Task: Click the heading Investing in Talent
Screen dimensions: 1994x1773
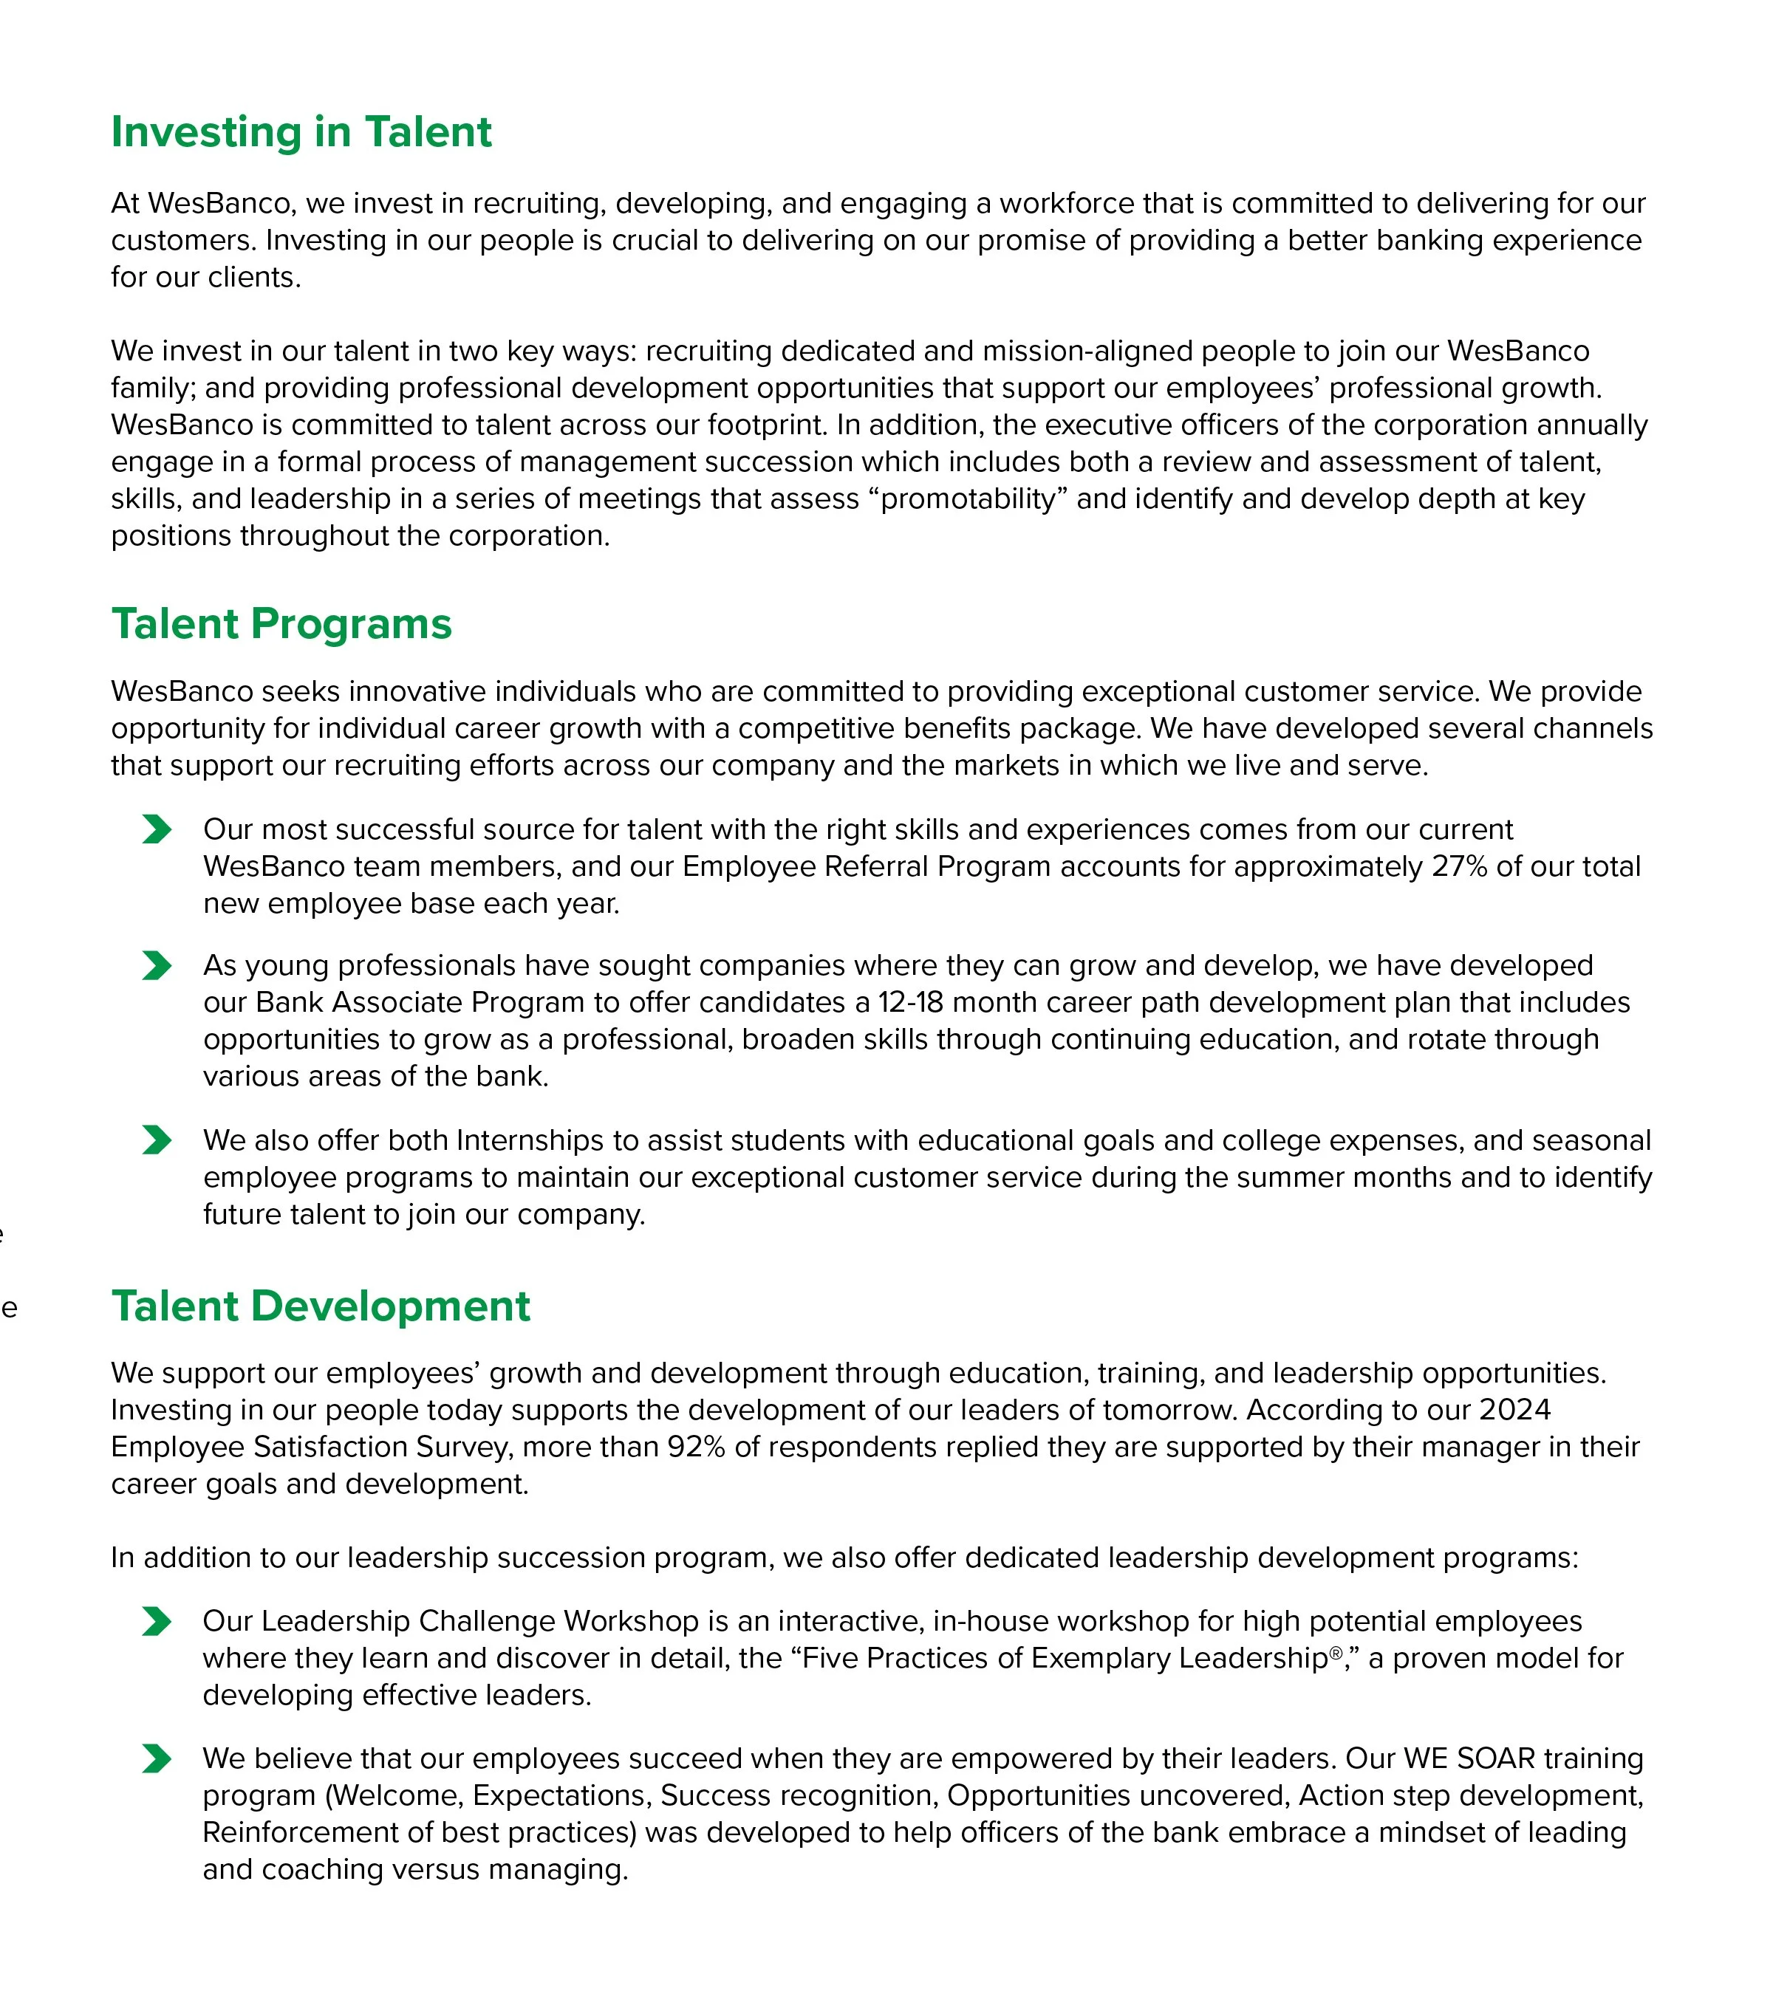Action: [x=301, y=131]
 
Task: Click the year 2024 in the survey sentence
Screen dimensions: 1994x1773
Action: [x=1514, y=1410]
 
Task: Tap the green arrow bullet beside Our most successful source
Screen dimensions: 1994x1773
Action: [x=156, y=829]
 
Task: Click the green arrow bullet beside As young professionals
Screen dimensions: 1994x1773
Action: [x=156, y=966]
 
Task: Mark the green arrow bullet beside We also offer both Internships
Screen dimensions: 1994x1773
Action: [x=156, y=1140]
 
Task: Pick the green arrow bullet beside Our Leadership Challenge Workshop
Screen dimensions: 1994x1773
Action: [x=156, y=1621]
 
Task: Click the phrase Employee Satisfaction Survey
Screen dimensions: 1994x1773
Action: [x=311, y=1447]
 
